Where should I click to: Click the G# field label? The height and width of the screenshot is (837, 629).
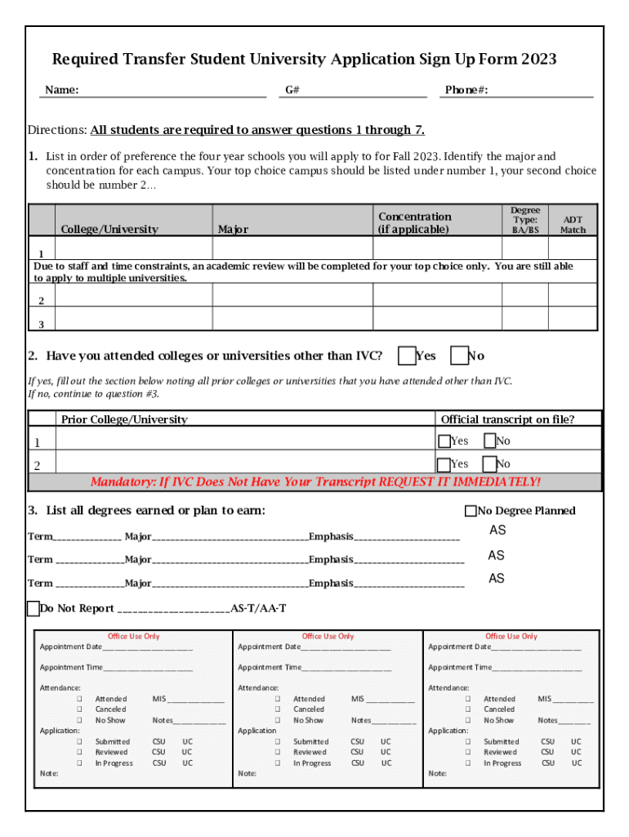pos(292,90)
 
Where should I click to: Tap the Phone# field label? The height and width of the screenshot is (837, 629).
pos(466,90)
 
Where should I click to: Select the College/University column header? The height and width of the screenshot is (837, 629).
pos(109,230)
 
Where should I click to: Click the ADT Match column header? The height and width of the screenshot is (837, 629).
pos(573,225)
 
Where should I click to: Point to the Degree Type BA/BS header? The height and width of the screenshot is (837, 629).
pos(525,221)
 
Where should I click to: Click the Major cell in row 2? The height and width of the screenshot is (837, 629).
pos(292,295)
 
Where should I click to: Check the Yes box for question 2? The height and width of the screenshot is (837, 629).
pos(406,356)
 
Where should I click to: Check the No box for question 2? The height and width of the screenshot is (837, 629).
pos(459,356)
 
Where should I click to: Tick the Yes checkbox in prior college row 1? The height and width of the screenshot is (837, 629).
pos(444,441)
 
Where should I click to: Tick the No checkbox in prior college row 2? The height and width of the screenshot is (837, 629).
pos(489,465)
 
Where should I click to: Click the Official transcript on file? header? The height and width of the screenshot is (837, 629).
pos(507,419)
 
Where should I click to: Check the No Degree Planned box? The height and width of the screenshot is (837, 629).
pos(471,511)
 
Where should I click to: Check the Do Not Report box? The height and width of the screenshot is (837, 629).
pos(33,608)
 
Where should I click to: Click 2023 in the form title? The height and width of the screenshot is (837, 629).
pos(539,60)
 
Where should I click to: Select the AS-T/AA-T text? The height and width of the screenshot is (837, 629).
pos(258,609)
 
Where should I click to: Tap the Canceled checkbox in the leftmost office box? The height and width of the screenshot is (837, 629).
pos(80,709)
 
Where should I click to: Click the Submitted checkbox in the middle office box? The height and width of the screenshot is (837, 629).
pos(278,741)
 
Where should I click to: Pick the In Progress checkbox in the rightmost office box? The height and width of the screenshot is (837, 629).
pos(468,763)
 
